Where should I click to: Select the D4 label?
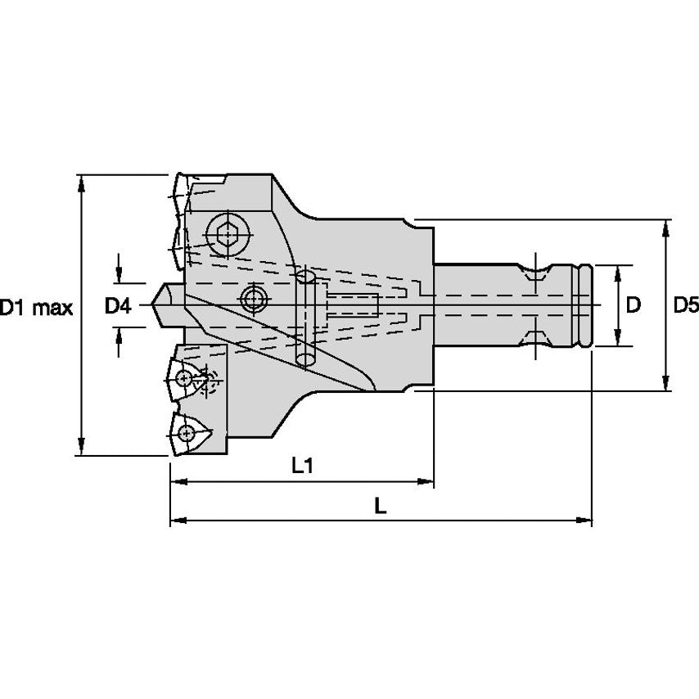[118, 307]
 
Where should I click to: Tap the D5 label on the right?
[685, 306]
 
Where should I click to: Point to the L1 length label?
[304, 466]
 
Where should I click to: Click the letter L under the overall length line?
[380, 506]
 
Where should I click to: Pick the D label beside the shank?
[633, 306]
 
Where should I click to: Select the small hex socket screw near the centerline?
[254, 297]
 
